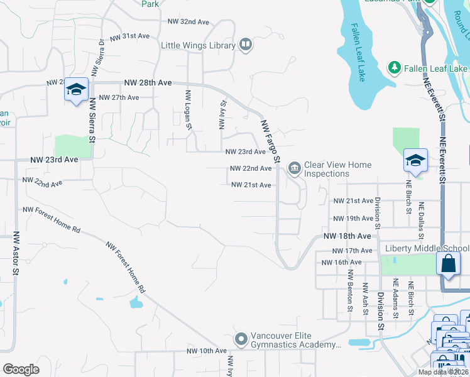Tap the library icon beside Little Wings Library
pyautogui.click(x=246, y=45)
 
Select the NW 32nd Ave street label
pyautogui.click(x=188, y=22)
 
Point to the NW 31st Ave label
pyautogui.click(x=129, y=36)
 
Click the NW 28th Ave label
pyautogui.click(x=148, y=82)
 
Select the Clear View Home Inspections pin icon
pyautogui.click(x=294, y=168)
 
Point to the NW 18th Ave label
pyautogui.click(x=347, y=236)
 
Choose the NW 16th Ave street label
pyautogui.click(x=339, y=262)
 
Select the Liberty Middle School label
pyautogui.click(x=427, y=248)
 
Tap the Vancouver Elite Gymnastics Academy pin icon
pyautogui.click(x=241, y=339)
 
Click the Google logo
pyautogui.click(x=21, y=369)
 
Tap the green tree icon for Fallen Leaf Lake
pyautogui.click(x=394, y=67)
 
